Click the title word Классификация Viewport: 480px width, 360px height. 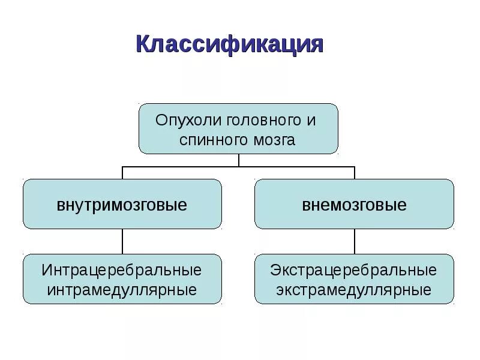[x=229, y=46]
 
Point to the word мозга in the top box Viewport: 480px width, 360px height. [x=274, y=140]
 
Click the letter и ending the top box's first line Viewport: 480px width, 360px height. [x=311, y=119]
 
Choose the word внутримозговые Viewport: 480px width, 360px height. [x=122, y=205]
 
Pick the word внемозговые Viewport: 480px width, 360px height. [x=354, y=205]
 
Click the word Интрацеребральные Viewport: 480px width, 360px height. [x=122, y=270]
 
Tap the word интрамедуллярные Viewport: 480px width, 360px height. [x=122, y=290]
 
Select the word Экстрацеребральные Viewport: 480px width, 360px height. [x=354, y=270]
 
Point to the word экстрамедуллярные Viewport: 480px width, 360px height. [x=354, y=290]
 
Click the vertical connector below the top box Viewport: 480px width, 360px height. [x=239, y=160]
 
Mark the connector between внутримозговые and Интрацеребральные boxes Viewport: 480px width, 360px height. [x=123, y=241]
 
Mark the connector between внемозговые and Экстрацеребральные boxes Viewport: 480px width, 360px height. [x=355, y=241]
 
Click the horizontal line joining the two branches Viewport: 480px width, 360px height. [x=180, y=166]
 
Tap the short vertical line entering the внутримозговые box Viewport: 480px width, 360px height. [x=123, y=173]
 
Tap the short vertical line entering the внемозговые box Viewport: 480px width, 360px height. [x=355, y=173]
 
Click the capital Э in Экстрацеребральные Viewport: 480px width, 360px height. [x=275, y=270]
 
